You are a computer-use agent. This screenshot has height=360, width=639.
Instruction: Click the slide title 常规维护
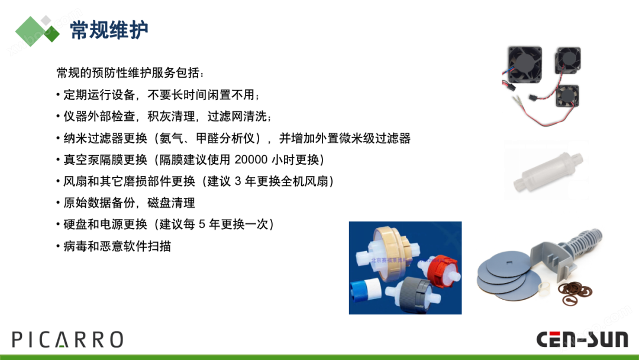point(109,30)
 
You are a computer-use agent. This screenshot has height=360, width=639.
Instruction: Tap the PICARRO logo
point(67,340)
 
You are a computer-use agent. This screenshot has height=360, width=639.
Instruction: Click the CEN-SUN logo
point(582,339)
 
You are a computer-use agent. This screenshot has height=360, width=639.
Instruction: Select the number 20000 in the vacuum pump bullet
point(251,159)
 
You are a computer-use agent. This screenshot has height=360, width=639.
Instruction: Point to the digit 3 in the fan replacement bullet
point(238,181)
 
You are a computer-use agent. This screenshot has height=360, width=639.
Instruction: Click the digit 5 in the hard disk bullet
point(202,224)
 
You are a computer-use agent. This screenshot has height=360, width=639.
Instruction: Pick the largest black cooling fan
point(525,65)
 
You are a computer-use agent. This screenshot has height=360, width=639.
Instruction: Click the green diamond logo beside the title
point(37,31)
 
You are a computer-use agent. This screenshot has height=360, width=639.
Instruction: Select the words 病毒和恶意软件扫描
point(117,246)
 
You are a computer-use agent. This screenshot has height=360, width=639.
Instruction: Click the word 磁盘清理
point(171,202)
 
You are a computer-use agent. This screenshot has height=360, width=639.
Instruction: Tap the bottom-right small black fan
point(567,96)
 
